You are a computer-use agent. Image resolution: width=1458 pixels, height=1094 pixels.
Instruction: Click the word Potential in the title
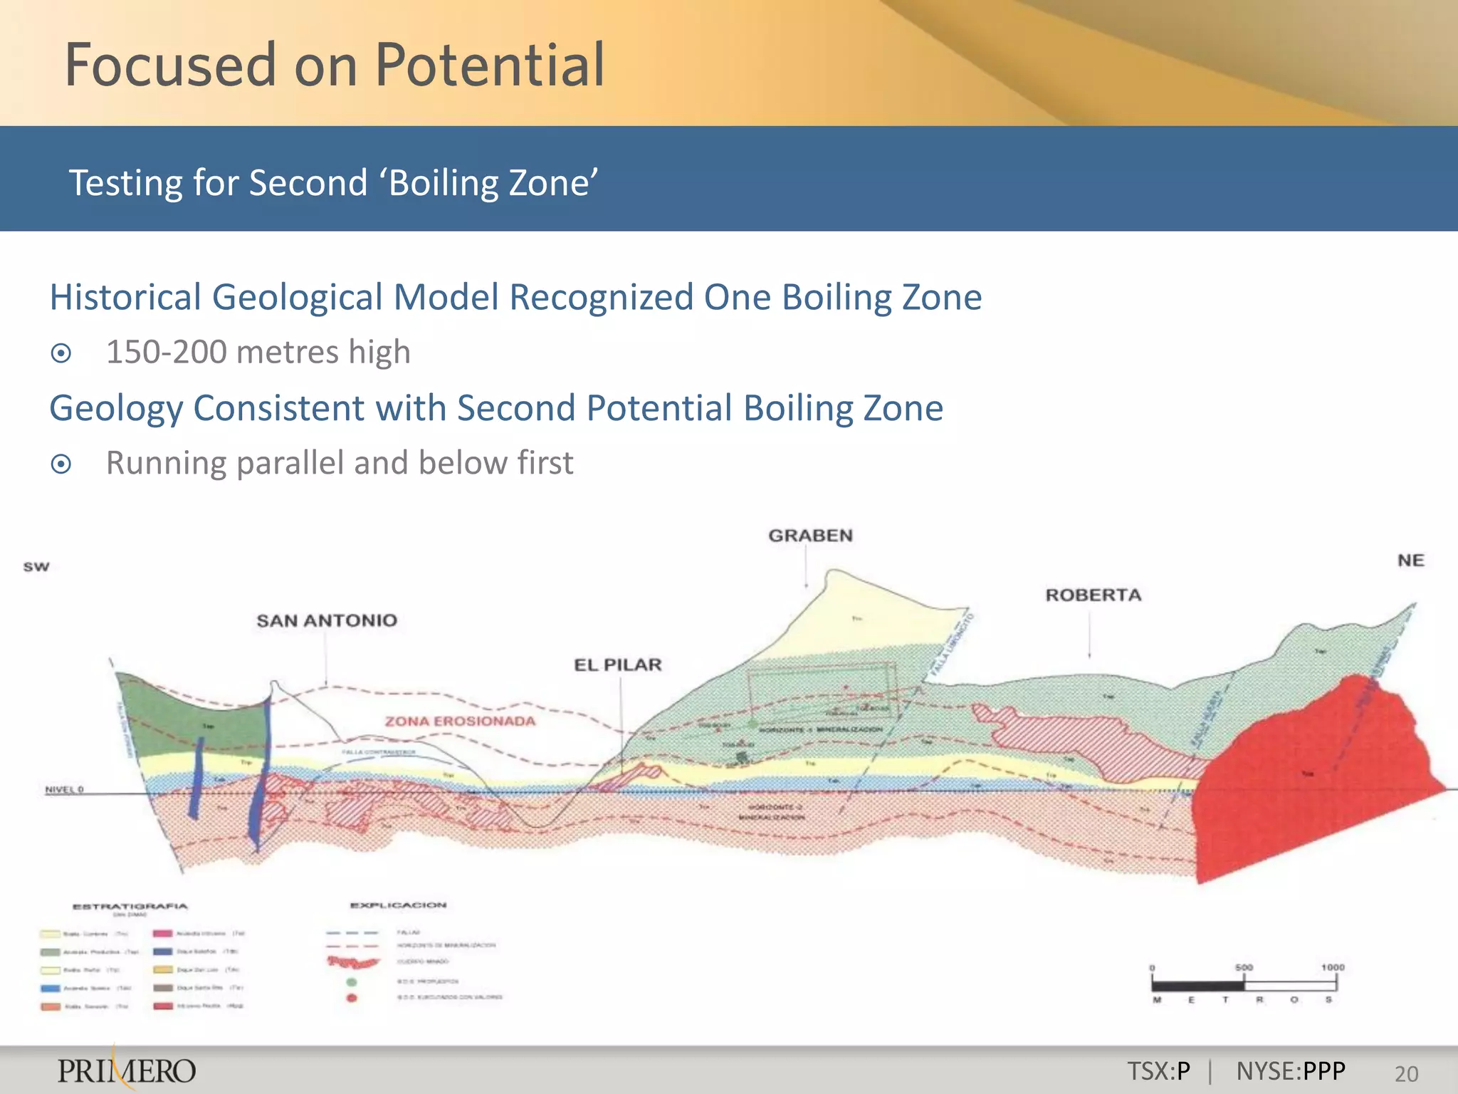490,66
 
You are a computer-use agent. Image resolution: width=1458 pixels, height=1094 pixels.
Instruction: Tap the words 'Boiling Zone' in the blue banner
493,183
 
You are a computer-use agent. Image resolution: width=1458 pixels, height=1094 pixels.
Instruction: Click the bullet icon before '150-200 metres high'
62,353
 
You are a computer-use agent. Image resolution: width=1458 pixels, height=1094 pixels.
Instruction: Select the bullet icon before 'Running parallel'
62,464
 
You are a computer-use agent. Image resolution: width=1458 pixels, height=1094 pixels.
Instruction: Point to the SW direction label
36,567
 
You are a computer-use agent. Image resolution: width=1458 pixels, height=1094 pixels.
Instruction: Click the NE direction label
1410,561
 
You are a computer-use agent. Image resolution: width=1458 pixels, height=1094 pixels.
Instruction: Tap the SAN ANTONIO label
327,620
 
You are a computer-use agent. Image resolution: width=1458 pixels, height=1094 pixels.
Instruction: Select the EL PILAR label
618,665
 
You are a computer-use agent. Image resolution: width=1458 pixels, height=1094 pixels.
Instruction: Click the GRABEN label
810,536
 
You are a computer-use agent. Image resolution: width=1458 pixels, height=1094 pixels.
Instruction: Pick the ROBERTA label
1093,595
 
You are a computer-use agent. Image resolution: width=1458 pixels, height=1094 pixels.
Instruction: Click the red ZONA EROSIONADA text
460,721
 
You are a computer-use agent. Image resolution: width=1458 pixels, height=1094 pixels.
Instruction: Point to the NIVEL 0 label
64,789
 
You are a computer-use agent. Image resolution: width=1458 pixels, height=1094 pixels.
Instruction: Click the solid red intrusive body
1310,776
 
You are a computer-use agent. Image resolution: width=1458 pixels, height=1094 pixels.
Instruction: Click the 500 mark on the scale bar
1243,967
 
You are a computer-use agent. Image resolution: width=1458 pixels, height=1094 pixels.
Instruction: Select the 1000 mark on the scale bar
1333,967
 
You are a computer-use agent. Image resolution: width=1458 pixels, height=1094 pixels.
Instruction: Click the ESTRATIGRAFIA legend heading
130,907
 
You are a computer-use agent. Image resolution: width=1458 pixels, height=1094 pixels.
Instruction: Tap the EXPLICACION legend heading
398,905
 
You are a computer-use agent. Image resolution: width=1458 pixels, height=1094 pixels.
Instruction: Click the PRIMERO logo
127,1070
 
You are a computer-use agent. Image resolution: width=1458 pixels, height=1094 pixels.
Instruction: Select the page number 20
1406,1073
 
